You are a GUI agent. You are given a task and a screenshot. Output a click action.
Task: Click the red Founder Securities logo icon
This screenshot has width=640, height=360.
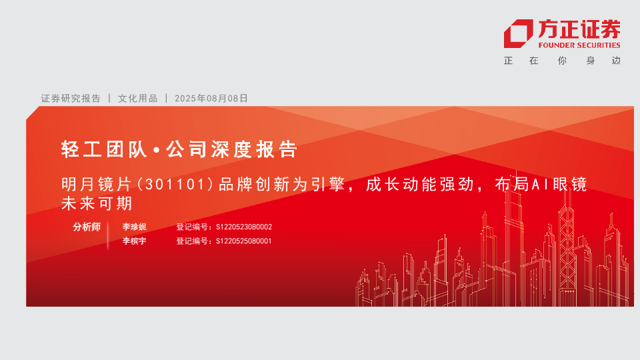tap(518, 33)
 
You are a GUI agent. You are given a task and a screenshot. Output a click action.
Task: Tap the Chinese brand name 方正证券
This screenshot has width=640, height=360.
tap(579, 29)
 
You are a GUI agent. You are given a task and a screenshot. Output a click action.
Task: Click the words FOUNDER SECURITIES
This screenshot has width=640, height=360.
tap(579, 45)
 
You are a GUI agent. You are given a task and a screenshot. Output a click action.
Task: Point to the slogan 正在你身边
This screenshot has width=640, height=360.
tap(562, 61)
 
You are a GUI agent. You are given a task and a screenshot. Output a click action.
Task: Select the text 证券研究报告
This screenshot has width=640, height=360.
tap(71, 99)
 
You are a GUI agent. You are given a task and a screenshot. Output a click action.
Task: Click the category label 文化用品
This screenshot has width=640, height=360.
tap(137, 99)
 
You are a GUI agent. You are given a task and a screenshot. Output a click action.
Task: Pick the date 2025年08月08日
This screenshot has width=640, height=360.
tap(211, 99)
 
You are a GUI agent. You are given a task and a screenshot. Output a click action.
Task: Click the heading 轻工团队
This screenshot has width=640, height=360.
tap(104, 149)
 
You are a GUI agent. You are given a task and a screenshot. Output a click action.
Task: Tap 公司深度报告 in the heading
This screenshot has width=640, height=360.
tap(231, 149)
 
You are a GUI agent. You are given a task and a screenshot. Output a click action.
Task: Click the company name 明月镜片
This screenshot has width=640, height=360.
tap(97, 185)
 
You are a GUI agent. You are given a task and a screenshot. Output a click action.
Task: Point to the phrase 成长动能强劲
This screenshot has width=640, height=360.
tap(419, 185)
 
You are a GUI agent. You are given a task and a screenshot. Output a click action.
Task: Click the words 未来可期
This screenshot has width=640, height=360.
tap(97, 203)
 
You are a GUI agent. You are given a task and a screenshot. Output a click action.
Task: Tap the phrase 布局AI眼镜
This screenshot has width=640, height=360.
tap(541, 185)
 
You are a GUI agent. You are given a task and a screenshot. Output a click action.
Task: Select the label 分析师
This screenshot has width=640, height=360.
tap(87, 227)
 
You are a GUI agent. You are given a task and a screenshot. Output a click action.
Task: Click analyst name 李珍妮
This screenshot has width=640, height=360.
tap(134, 227)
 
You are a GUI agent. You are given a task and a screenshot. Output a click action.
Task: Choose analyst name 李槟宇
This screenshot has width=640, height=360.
tap(134, 241)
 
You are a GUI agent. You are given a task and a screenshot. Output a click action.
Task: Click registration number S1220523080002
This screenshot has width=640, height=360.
tap(244, 227)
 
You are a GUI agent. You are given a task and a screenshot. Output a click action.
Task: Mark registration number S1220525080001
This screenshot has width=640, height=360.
tap(244, 241)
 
